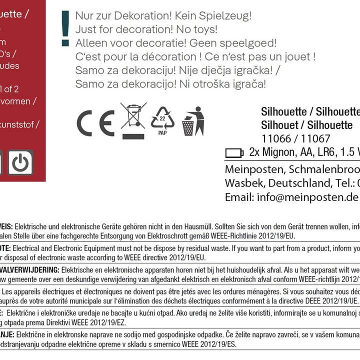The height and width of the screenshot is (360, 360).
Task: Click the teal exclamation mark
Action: coord(65,28)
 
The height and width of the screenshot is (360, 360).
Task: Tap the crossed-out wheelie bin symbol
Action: coord(133,120)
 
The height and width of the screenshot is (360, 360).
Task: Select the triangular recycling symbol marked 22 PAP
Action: coord(162,120)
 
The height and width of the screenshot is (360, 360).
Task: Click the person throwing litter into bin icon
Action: coord(193,121)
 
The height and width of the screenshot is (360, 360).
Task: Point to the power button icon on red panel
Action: coord(20,163)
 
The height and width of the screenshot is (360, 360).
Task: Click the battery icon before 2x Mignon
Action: coord(234,152)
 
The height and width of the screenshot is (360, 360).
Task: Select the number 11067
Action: coord(315,139)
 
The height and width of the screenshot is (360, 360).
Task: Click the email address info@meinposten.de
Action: coord(291,197)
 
